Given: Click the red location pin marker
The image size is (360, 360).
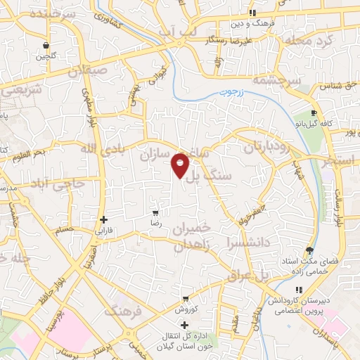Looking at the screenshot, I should point(181,164).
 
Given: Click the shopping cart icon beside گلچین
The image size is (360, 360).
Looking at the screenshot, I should point(46,43).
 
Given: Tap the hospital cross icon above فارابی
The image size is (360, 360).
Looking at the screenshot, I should point(103,219).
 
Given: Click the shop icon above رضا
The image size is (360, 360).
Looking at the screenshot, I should point(155,212).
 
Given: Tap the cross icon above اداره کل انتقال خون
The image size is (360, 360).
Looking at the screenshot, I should point(184,325).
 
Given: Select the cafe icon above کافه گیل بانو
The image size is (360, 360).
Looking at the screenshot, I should point(314,112).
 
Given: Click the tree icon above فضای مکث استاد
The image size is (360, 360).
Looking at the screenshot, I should point(309,250).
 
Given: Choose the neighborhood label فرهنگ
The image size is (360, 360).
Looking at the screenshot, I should point(123,309).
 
